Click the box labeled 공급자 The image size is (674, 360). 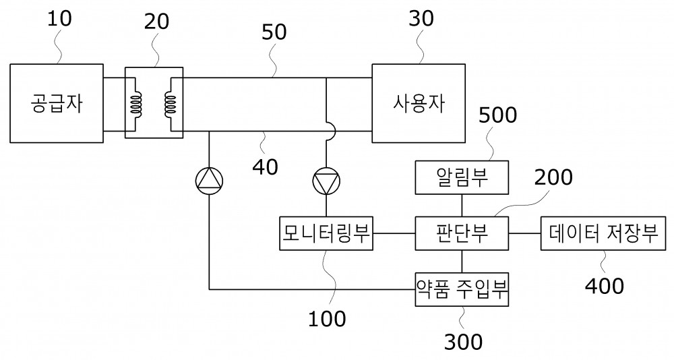(57, 103)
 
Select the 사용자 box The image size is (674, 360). (419, 103)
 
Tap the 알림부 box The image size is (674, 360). (462, 177)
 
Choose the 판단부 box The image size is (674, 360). (462, 233)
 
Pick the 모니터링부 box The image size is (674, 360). (326, 233)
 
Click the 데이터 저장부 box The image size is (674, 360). (603, 233)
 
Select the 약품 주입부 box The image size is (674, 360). (462, 289)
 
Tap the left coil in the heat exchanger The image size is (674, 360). (137, 104)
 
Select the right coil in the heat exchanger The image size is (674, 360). (171, 104)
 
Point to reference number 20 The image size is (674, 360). (156, 22)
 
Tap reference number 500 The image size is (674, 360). (498, 115)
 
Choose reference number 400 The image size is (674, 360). (605, 286)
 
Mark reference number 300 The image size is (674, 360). (463, 342)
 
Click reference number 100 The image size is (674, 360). (327, 319)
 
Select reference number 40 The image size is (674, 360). (265, 167)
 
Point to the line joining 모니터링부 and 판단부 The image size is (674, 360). (394, 233)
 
